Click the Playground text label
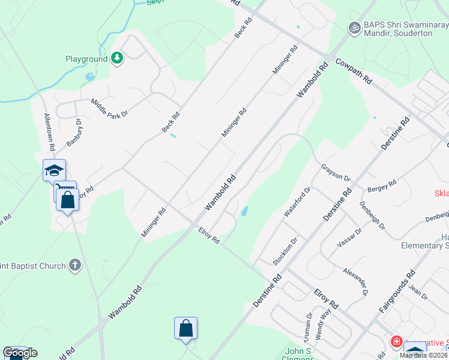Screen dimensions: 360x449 click(86, 59)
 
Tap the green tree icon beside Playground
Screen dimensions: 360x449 click(118, 58)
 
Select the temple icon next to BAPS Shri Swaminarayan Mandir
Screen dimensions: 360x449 click(355, 28)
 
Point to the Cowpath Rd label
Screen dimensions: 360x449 click(354, 71)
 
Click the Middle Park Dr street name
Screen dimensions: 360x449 click(111, 109)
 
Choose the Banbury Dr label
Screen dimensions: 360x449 click(75, 132)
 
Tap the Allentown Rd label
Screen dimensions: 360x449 click(49, 130)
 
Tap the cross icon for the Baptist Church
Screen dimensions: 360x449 click(74, 265)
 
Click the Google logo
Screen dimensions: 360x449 click(20, 353)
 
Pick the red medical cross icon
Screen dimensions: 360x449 click(396, 342)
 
